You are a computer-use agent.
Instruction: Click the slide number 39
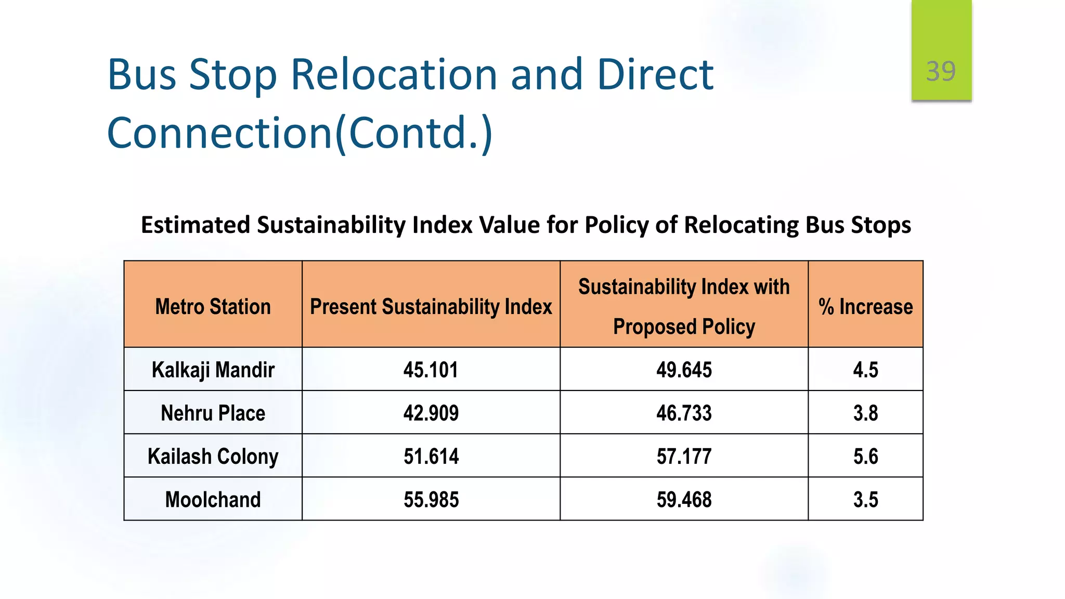[x=941, y=71]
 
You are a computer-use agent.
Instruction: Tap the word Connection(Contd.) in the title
[x=300, y=133]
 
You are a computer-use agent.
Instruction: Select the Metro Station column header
[x=213, y=307]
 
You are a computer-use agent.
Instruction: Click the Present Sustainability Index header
[x=431, y=307]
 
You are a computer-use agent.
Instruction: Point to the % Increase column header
[x=865, y=307]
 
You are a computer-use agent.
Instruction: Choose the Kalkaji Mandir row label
[x=213, y=370]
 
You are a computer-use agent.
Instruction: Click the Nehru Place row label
[x=213, y=413]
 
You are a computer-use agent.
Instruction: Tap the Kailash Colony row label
[x=213, y=457]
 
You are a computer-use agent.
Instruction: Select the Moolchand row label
[x=213, y=500]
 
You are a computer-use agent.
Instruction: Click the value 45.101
[x=431, y=370]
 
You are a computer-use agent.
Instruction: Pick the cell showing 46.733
[x=684, y=413]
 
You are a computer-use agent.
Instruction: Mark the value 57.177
[x=684, y=457]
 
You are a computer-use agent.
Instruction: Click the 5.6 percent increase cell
[x=865, y=457]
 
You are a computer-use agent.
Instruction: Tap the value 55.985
[x=431, y=500]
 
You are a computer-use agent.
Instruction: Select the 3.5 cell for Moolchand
[x=865, y=500]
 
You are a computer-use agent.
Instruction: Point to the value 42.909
[x=431, y=413]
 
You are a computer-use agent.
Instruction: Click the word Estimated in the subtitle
[x=196, y=225]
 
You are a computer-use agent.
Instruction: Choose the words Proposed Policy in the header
[x=684, y=327]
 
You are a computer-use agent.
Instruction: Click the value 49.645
[x=684, y=370]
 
